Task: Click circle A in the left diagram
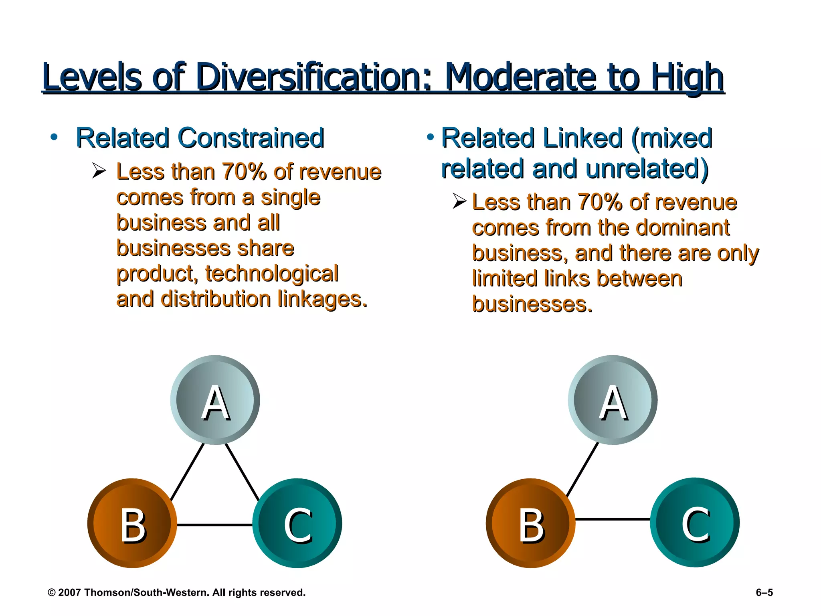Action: pos(215,400)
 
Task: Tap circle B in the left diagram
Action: pos(132,523)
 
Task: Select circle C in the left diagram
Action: pos(297,523)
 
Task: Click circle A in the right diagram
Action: pos(613,400)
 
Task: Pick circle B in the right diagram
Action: pos(531,523)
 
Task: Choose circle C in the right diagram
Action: pos(695,522)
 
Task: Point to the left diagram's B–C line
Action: pos(214,525)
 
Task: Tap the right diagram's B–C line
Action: pos(613,519)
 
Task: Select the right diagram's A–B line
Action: pos(582,470)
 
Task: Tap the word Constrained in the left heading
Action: pos(251,138)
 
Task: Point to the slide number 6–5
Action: pos(764,592)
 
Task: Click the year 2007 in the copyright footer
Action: pos(69,592)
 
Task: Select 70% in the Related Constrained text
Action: pos(244,172)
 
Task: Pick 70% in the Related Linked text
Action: pos(600,202)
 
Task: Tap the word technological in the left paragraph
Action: pos(272,274)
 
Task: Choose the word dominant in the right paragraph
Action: pos(682,228)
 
